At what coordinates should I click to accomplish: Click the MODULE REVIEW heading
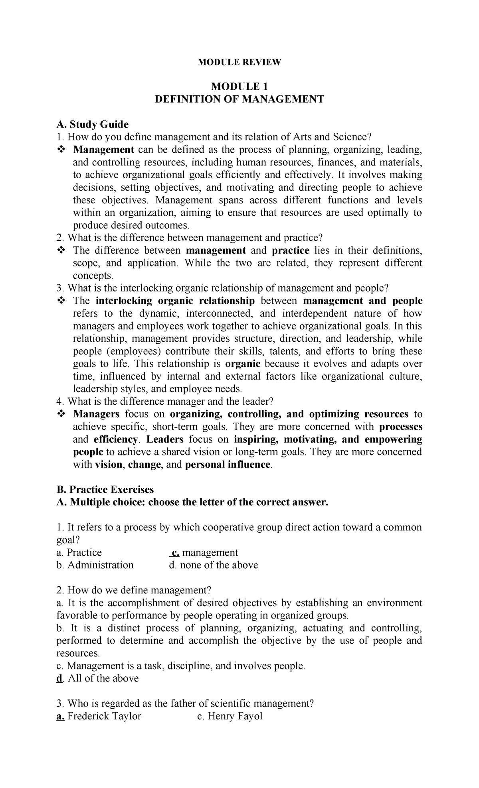(x=239, y=62)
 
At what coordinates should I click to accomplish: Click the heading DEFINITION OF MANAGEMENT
(x=239, y=99)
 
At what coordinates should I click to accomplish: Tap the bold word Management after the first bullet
(x=103, y=150)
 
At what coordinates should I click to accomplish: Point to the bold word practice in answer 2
(x=291, y=250)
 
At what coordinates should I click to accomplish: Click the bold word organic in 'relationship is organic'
(x=243, y=364)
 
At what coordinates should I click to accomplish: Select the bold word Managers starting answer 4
(x=96, y=414)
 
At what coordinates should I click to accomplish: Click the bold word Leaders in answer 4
(x=165, y=439)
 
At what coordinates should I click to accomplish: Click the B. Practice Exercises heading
(x=105, y=489)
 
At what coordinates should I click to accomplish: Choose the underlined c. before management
(x=174, y=553)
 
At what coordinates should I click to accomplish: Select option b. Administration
(x=95, y=565)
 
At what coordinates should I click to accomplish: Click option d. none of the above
(x=214, y=565)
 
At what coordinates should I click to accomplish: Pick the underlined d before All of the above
(x=59, y=678)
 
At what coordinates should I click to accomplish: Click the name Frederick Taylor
(x=104, y=716)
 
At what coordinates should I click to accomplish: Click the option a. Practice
(x=79, y=553)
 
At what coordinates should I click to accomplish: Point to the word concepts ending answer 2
(x=93, y=276)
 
